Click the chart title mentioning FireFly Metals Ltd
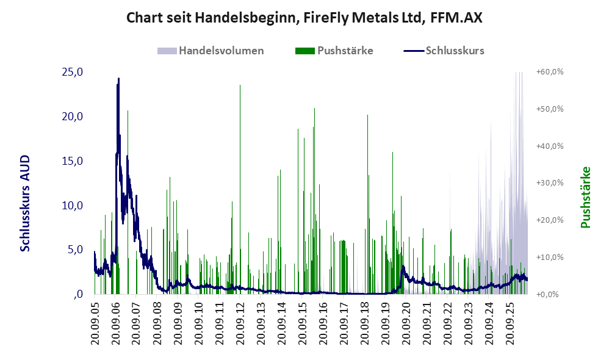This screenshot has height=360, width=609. pos(304,18)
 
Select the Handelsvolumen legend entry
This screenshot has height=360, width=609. pos(211,51)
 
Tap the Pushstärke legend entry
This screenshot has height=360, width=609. pos(334,51)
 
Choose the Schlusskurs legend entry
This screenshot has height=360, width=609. pos(444,51)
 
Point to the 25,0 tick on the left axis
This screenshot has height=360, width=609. pos(72,72)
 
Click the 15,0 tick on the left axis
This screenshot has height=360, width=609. pos(72,160)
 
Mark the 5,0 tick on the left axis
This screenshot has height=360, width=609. pos(75,250)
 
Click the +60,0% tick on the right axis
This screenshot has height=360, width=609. pos(550,72)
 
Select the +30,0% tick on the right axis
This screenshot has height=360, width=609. pos(550,183)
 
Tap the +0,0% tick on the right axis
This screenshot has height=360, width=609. pos(550,294)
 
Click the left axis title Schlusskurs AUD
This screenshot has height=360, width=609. pos(25,203)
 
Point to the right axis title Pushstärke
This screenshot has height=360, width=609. pos(585,197)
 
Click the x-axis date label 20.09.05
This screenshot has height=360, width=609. pos(95,322)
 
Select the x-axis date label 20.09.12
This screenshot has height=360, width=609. pos(240,322)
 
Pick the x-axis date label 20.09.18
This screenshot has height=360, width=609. pos(364,322)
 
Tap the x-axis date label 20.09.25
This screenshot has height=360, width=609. pos(510,322)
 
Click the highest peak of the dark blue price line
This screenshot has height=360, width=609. pos(118,79)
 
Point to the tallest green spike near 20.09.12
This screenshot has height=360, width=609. pos(240,85)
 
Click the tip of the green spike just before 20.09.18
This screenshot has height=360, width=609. pos(367,115)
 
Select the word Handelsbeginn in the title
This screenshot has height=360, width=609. pos(247,18)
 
